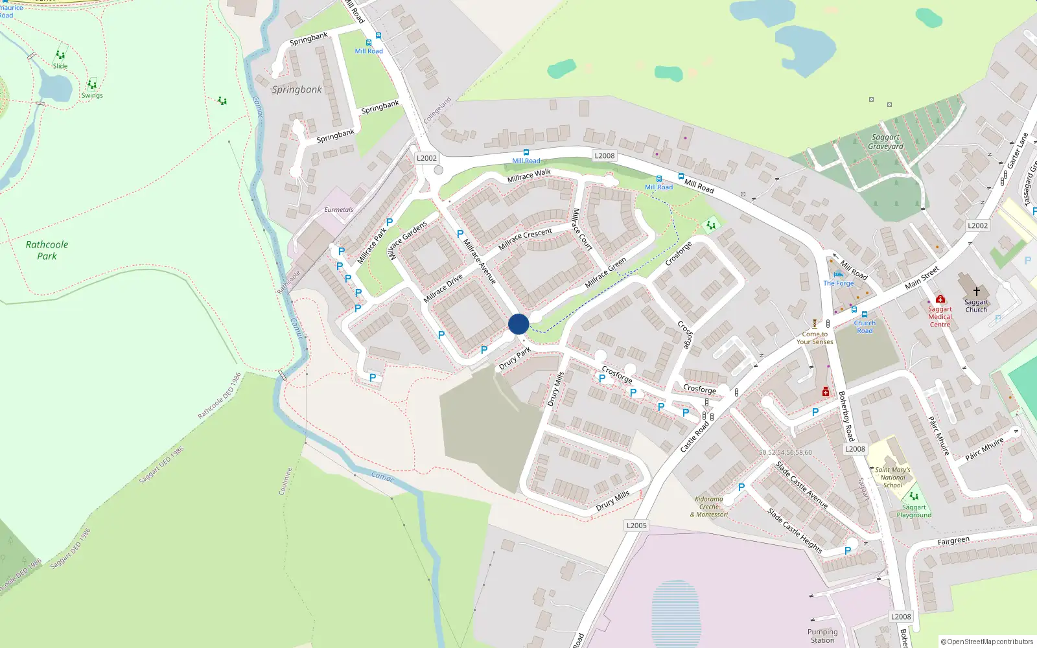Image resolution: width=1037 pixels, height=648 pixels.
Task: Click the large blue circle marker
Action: [518, 324]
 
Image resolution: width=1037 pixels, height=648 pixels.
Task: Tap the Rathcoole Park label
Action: [47, 250]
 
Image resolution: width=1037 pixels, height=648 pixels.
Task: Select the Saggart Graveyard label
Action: [886, 142]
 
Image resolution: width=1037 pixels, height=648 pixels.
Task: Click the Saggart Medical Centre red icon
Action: [940, 299]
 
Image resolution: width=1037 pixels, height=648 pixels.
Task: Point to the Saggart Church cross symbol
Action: [976, 292]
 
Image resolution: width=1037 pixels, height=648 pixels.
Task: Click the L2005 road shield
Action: [636, 526]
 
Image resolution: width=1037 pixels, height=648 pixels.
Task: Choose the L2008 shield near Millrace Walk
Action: [604, 156]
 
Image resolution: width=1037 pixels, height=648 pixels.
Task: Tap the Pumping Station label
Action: [822, 636]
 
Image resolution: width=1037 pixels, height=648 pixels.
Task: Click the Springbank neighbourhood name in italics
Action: [297, 89]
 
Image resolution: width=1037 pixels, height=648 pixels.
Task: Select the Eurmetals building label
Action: [339, 210]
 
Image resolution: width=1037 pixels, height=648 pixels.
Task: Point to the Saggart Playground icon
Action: [914, 496]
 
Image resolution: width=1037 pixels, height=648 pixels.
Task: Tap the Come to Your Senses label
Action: [815, 338]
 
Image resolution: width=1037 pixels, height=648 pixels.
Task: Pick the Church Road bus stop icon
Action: [865, 314]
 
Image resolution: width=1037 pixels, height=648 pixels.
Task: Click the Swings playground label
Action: [92, 96]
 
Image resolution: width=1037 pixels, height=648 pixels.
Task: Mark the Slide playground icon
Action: [60, 55]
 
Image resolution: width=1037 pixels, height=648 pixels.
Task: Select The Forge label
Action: [838, 283]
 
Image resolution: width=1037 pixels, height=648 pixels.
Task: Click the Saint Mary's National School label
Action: [892, 478]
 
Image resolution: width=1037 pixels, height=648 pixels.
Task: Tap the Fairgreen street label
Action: [953, 540]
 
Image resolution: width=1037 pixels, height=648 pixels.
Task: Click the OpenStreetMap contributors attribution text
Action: [986, 642]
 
